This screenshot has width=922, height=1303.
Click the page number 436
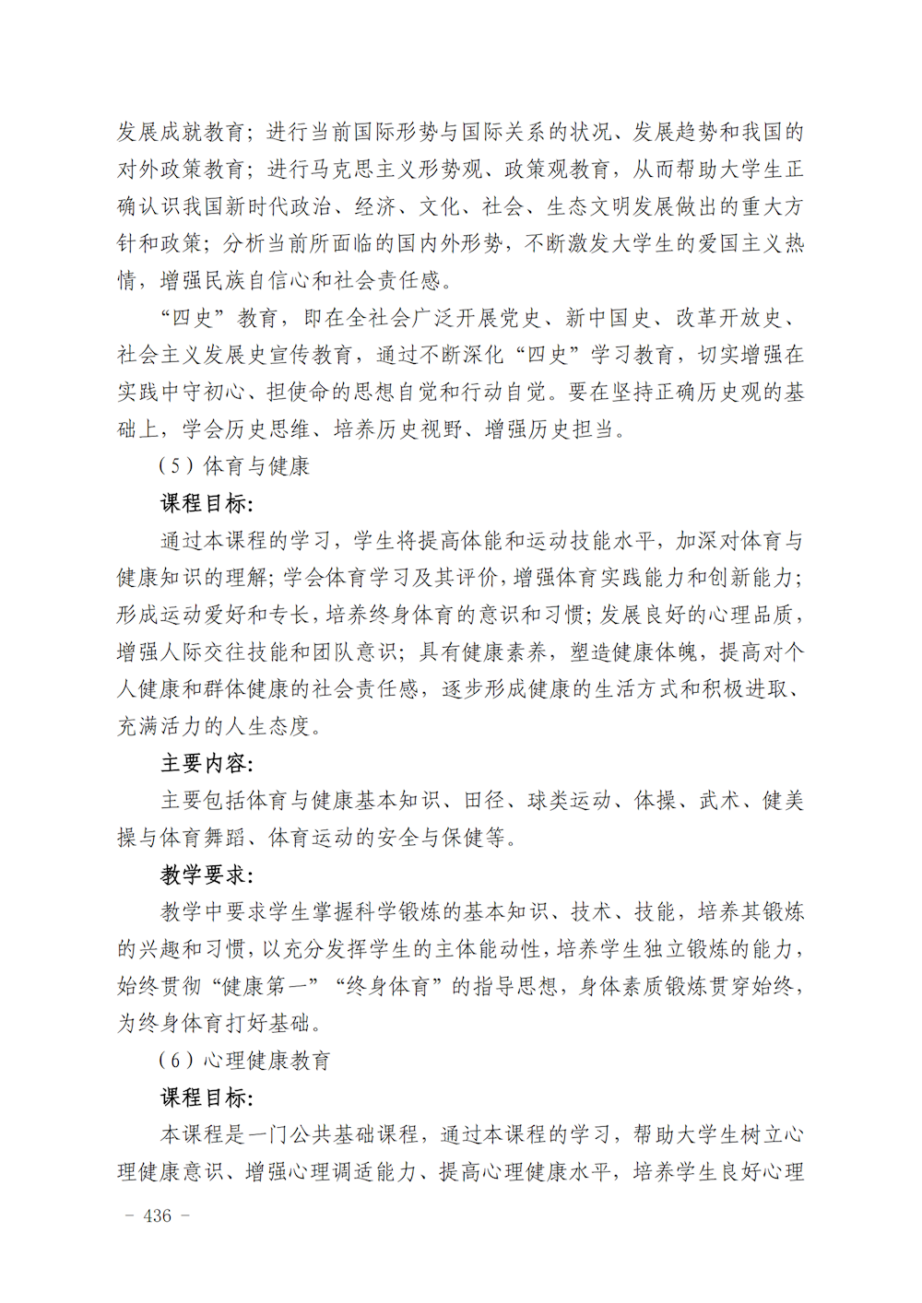pos(158,1215)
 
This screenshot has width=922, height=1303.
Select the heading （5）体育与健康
pos(234,466)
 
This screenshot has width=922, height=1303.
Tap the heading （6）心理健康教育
pos(244,1061)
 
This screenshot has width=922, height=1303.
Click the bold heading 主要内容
pos(206,763)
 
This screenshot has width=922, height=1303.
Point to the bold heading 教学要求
pos(206,875)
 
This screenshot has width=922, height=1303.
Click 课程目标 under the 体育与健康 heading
pos(206,503)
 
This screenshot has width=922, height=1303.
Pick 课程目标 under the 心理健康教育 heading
pos(206,1098)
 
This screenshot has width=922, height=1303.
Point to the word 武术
pos(720,800)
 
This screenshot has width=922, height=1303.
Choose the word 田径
pos(485,800)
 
